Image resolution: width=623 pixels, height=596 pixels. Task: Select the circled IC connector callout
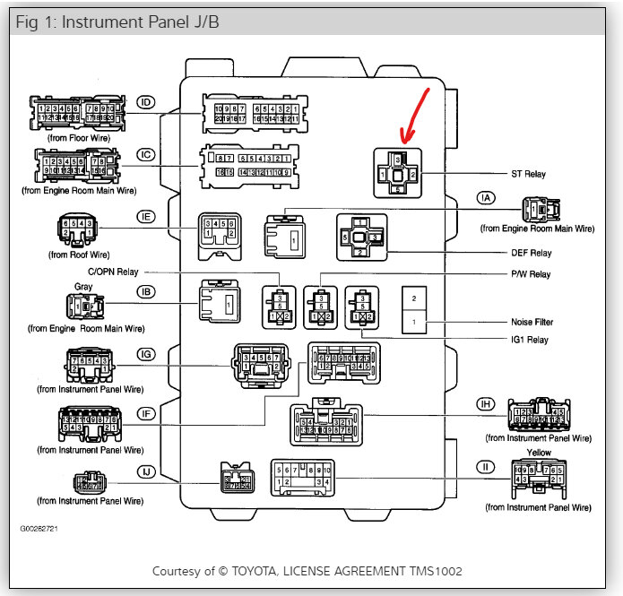[x=146, y=154]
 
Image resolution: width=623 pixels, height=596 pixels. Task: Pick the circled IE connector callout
[x=146, y=216]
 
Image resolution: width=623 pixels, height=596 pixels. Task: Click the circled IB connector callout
[x=146, y=291]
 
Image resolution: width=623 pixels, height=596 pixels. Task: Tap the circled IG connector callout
[x=146, y=356]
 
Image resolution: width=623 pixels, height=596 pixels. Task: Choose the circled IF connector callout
[x=146, y=413]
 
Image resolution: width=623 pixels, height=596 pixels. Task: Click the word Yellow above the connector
[x=539, y=453]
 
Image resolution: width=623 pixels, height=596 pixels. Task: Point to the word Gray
[x=83, y=287]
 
